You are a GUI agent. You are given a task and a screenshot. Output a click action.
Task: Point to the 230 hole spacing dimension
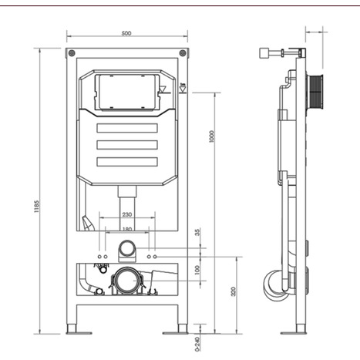point(126,216)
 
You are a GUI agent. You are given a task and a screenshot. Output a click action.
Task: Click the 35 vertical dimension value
point(197,232)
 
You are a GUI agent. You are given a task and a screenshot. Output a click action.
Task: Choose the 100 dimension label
point(197,270)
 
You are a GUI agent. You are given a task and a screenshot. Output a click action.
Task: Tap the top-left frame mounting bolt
point(72,54)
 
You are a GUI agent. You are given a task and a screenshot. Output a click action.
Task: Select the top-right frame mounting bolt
point(182,54)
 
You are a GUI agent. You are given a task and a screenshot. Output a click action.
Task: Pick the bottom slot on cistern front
point(126,161)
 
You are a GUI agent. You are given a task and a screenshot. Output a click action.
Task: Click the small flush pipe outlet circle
point(126,249)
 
